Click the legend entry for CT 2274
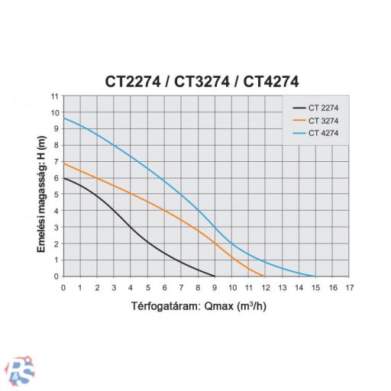[x=316, y=108]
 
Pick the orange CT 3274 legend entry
[x=316, y=121]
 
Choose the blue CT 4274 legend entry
[x=316, y=134]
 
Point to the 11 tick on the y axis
[x=53, y=96]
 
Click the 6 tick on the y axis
[x=54, y=178]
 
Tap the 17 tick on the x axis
[x=349, y=287]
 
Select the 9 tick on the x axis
[x=215, y=287]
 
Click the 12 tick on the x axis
[x=265, y=287]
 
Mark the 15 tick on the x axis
[x=315, y=287]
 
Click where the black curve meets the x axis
[x=215, y=276]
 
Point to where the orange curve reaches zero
[x=265, y=276]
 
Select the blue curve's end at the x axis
[x=315, y=276]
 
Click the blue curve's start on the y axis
[x=64, y=118]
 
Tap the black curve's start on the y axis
[x=64, y=178]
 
